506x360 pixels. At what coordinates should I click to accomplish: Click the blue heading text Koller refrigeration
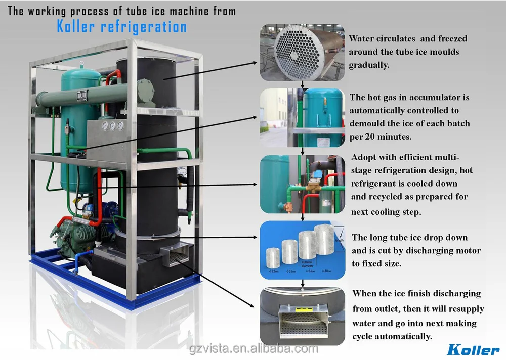click(x=121, y=27)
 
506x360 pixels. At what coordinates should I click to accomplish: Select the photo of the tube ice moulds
click(x=302, y=53)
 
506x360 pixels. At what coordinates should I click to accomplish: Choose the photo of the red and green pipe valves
click(x=302, y=185)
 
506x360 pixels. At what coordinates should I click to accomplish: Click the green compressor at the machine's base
click(x=76, y=238)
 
